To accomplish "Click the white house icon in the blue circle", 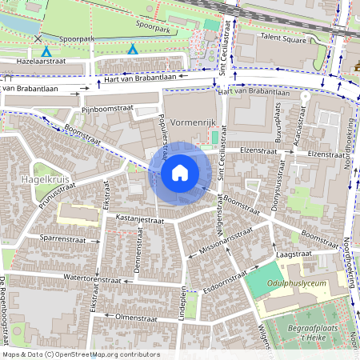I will (180, 173).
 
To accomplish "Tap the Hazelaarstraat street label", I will (31, 61).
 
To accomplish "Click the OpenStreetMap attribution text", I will (81, 354).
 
